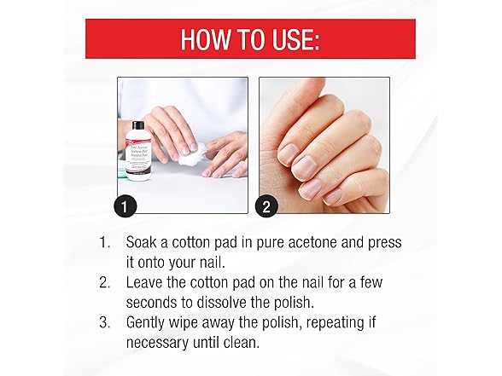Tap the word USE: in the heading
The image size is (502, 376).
(291, 40)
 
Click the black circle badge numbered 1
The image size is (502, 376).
(127, 205)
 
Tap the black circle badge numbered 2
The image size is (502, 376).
(267, 205)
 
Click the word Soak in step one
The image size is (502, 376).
(144, 243)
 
